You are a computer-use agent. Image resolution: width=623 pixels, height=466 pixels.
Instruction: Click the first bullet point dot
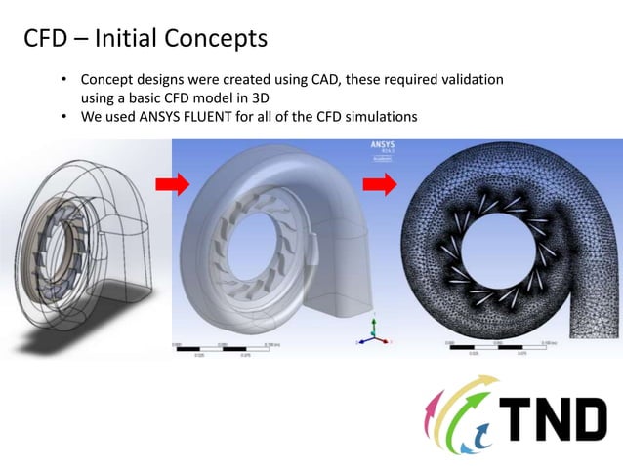tap(64, 79)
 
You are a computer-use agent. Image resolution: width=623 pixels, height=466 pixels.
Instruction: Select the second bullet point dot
tap(64, 117)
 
